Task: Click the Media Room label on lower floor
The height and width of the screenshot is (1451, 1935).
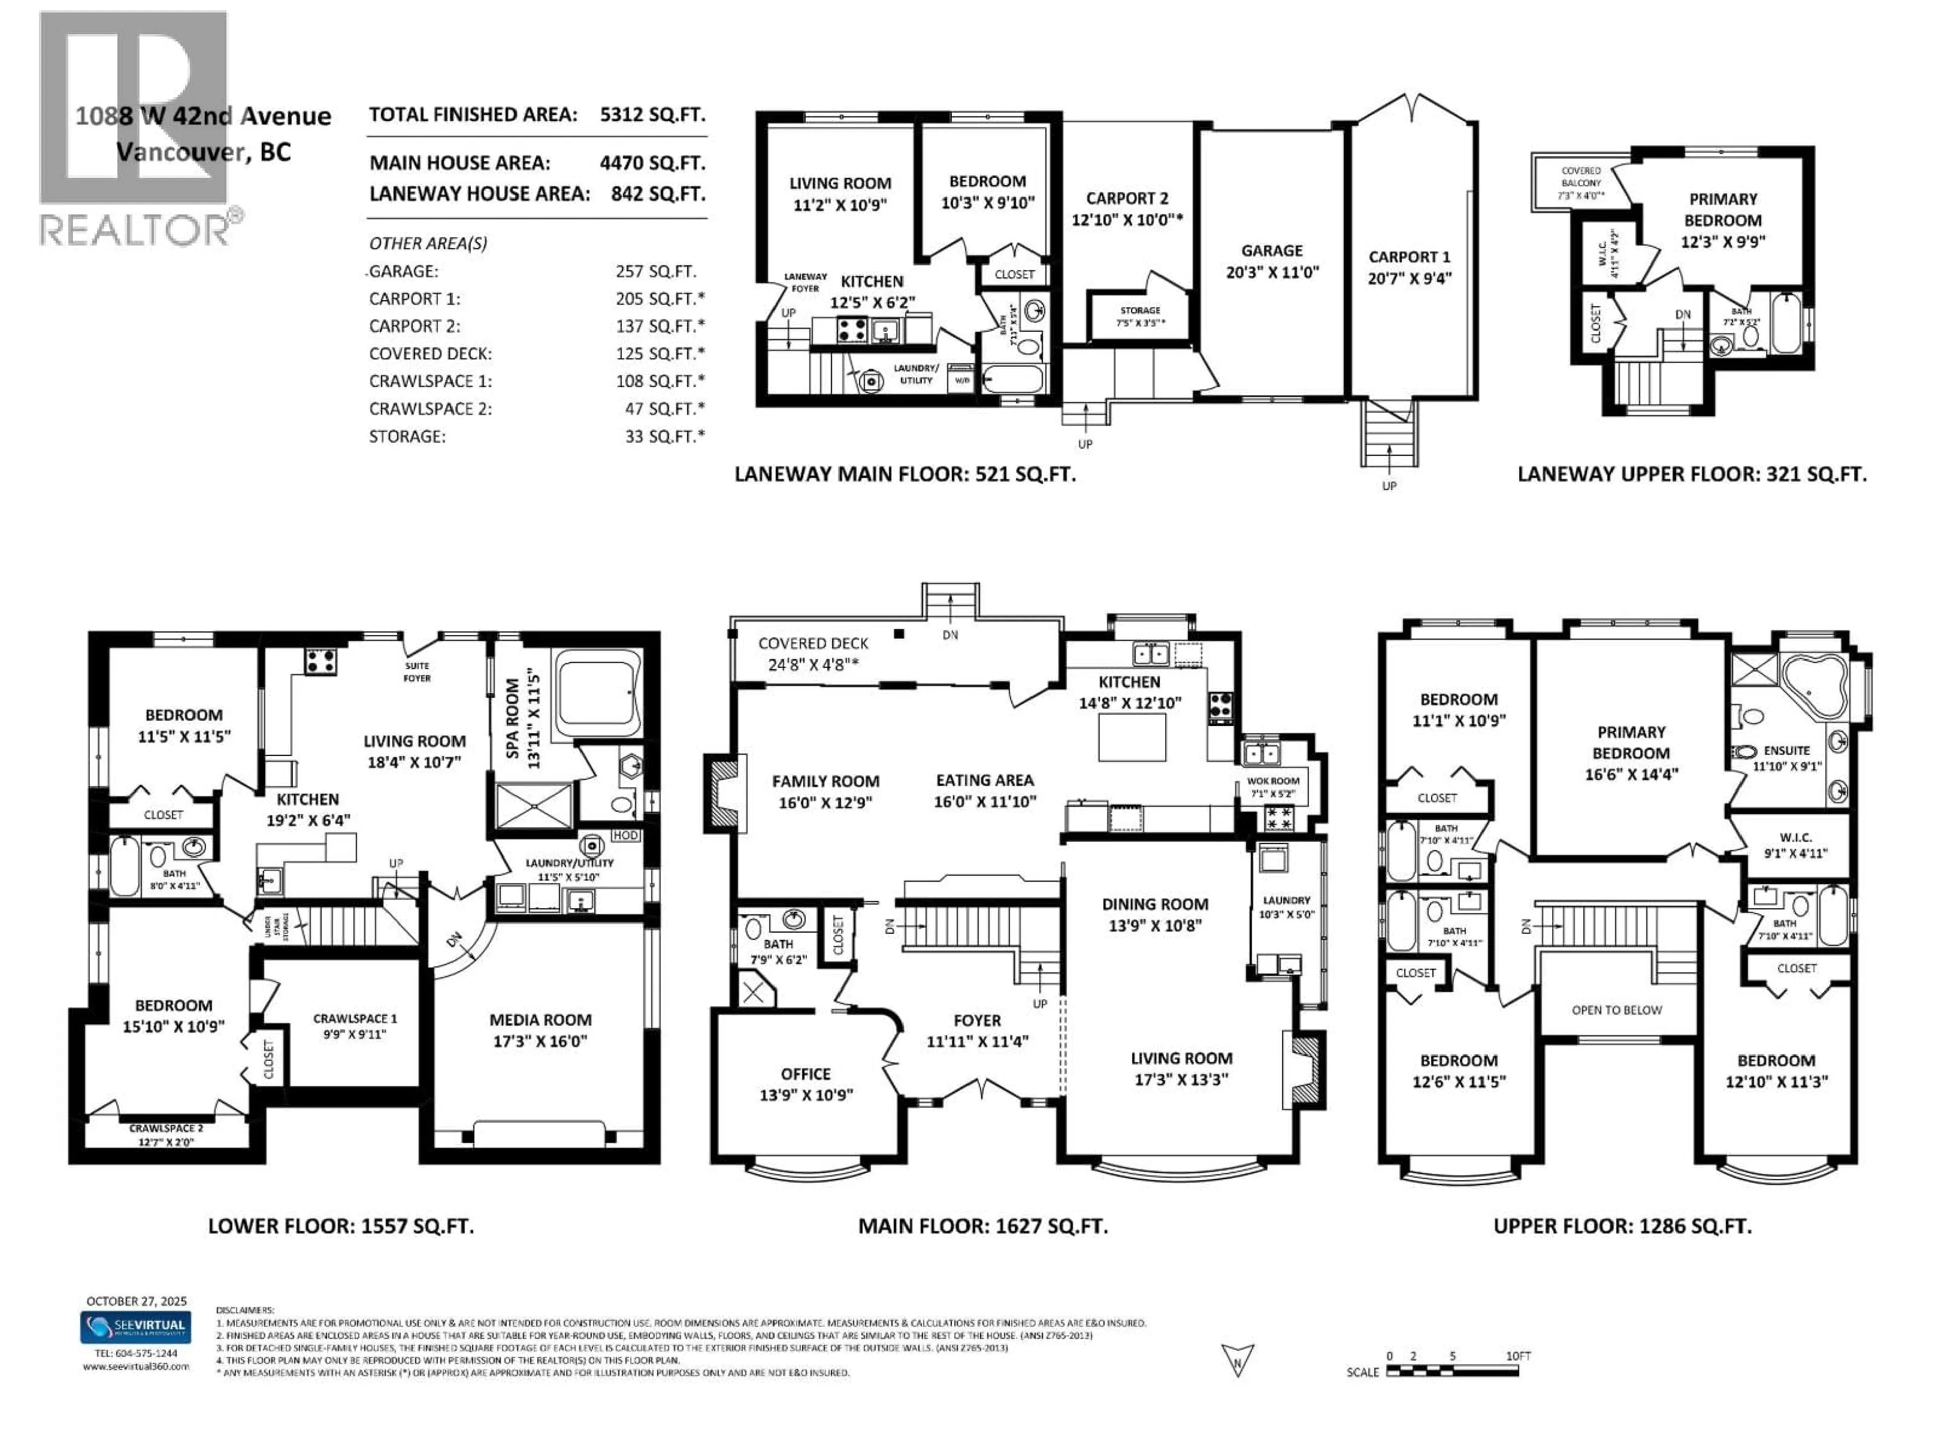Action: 540,1029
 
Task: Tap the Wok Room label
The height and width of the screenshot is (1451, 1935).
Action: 1273,787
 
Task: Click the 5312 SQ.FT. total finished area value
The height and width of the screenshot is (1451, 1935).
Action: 653,114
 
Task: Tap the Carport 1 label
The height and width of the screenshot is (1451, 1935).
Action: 1408,267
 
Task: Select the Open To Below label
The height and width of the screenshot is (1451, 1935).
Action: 1617,1009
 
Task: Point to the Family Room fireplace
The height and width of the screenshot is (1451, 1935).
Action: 723,793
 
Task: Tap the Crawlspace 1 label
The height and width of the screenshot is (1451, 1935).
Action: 355,1025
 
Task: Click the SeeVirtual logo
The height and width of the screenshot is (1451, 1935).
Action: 136,1327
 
